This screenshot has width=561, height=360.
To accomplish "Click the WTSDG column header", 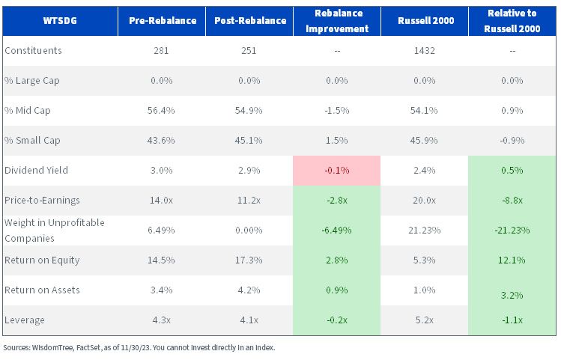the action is pos(60,21).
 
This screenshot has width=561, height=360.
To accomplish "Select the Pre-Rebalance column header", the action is pos(163,21).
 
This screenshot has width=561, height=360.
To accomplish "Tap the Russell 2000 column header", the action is pos(425,21).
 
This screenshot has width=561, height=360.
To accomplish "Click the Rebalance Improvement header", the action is pos(337,21).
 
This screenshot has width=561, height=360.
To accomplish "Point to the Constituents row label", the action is pos(33,50).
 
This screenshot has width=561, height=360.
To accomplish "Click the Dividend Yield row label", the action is pos(36,170).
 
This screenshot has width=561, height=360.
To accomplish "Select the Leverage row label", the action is pos(25,320).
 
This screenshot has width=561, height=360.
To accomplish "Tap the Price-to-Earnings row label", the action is pos(42,200).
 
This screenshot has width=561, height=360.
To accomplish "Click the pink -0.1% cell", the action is pos(336,170).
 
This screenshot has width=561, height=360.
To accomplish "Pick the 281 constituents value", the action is pos(161,50).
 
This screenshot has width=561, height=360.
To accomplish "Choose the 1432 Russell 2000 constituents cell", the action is pos(425,50).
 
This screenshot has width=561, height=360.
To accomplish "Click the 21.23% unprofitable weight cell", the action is pos(425,231).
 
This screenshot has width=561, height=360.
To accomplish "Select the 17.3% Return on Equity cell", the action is pos(249,260).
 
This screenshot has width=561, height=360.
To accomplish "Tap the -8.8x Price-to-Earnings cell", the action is pos(512,200).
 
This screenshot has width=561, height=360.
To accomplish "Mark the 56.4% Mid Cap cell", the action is pos(161,110).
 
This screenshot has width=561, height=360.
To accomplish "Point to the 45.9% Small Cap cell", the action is pos(424,140).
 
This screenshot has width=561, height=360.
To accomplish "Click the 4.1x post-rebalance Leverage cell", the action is pos(249,320).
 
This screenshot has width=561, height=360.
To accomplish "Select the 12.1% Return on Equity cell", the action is pos(512,260).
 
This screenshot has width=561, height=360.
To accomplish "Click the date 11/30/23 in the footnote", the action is pos(136,347).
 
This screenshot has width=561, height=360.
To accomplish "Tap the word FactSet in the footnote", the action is pos(88,347).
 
